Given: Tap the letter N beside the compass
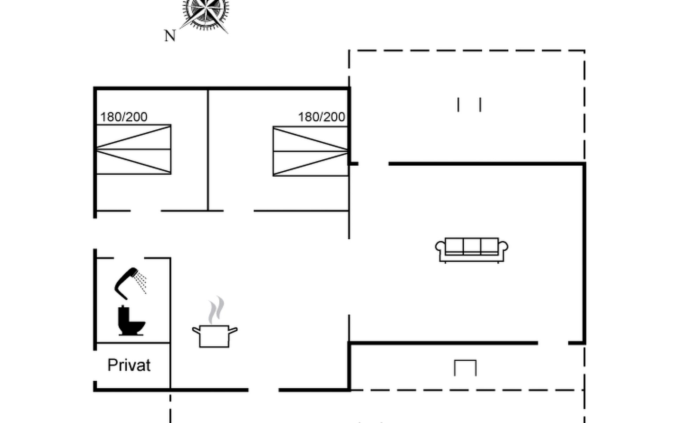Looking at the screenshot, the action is pyautogui.click(x=170, y=36).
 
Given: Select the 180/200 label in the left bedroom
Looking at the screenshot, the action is pyautogui.click(x=124, y=117).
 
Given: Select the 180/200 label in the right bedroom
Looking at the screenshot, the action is pyautogui.click(x=321, y=117).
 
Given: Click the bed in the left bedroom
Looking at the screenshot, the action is pyautogui.click(x=134, y=149).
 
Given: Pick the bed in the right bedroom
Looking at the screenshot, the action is pyautogui.click(x=311, y=151).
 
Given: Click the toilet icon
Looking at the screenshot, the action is pyautogui.click(x=131, y=320).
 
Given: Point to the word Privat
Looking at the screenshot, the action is pyautogui.click(x=129, y=365).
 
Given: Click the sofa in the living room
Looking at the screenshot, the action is pyautogui.click(x=471, y=250).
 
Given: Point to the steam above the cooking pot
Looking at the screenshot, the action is pyautogui.click(x=216, y=310).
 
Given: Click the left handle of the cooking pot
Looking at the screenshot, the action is pyautogui.click(x=196, y=331).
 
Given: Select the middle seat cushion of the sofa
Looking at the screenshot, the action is pyautogui.click(x=472, y=245).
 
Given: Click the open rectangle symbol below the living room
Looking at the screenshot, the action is pyautogui.click(x=465, y=368).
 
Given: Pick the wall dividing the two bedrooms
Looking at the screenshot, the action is pyautogui.click(x=208, y=150).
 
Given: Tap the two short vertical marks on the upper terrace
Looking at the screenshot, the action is pyautogui.click(x=469, y=105).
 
